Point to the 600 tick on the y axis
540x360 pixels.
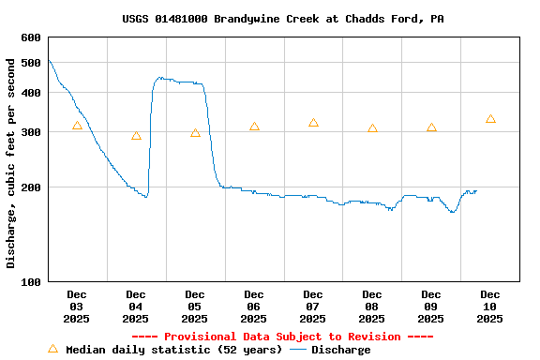[31, 37]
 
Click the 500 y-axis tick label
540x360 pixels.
[31, 63]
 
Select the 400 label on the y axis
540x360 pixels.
[31, 93]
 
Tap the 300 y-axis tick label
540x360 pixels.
[31, 132]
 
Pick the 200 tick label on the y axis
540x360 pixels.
[31, 187]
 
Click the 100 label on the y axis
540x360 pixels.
[31, 281]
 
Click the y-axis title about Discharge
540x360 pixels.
[11, 163]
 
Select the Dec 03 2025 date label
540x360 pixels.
[77, 307]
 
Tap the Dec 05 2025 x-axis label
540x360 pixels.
[195, 307]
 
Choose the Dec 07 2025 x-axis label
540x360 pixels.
[313, 307]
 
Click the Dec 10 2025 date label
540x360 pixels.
[489, 307]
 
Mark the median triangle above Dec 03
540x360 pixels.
[77, 126]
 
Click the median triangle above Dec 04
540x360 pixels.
[136, 136]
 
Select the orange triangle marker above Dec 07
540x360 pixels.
[313, 123]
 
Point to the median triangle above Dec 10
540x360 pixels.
[490, 119]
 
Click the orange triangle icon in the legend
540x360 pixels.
[52, 349]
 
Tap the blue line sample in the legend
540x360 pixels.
[298, 350]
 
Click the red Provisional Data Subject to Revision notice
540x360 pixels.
[282, 337]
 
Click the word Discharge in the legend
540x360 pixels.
[340, 350]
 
